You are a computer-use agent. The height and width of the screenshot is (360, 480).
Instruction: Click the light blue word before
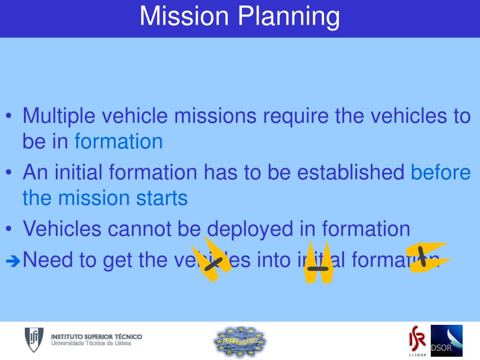click(x=441, y=172)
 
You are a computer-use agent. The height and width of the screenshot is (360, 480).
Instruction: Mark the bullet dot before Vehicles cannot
click(x=10, y=229)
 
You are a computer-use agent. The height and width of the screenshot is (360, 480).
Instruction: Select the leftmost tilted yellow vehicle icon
click(x=212, y=260)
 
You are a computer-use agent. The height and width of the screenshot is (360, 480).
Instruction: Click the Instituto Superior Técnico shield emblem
click(x=34, y=340)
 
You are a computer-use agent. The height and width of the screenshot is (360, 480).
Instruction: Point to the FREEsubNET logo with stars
click(x=240, y=341)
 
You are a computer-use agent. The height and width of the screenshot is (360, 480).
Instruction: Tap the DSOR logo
click(x=446, y=341)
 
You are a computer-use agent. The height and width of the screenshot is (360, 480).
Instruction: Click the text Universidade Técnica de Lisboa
click(x=91, y=344)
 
